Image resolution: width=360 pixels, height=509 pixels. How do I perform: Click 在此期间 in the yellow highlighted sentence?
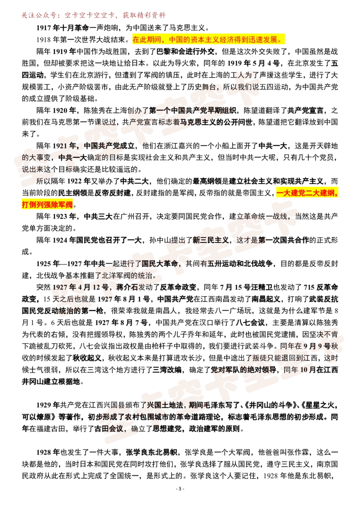pyautogui.click(x=145, y=40)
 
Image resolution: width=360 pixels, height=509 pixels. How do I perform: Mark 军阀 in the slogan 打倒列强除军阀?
pyautogui.click(x=66, y=205)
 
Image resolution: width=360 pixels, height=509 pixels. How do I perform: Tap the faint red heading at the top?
pyautogui.click(x=93, y=16)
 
